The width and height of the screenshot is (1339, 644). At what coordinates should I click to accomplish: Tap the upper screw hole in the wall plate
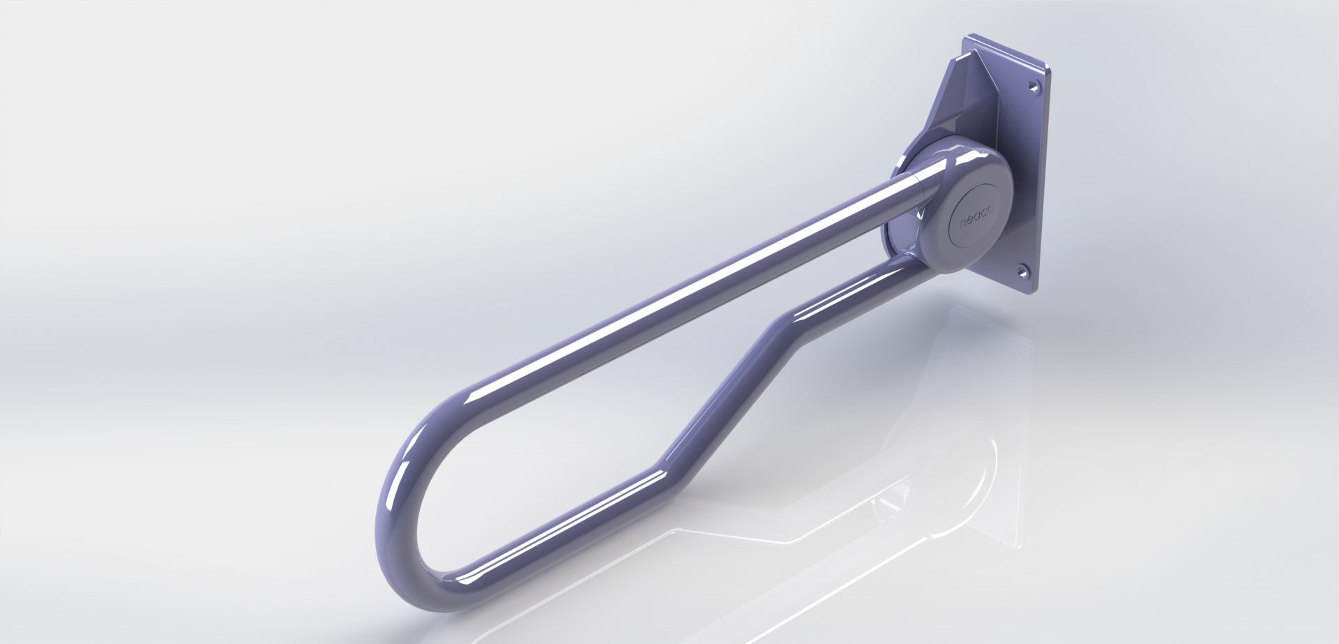1031,105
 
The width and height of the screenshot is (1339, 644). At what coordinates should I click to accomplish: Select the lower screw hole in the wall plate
1024,269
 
